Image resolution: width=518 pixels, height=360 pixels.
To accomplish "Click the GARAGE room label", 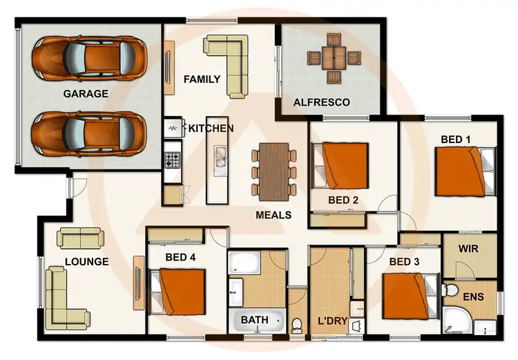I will pyautogui.click(x=86, y=94).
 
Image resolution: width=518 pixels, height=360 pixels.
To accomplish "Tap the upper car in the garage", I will pyautogui.click(x=88, y=57).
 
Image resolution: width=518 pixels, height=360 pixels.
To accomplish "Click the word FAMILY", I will pyautogui.click(x=202, y=79).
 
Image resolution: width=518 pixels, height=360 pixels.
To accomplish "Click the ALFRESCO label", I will pyautogui.click(x=321, y=102).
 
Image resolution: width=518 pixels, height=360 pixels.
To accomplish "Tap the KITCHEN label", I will pyautogui.click(x=211, y=129).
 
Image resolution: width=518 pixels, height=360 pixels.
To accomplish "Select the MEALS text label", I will pyautogui.click(x=273, y=215).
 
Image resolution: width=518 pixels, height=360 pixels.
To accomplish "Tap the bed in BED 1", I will pyautogui.click(x=461, y=172).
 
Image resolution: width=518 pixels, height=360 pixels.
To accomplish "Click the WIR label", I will pyautogui.click(x=468, y=247).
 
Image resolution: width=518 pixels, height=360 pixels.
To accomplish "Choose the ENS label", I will pyautogui.click(x=473, y=297).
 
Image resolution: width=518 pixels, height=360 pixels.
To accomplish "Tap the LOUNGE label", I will pyautogui.click(x=86, y=262).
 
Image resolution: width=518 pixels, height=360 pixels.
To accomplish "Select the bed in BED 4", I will pyautogui.click(x=180, y=291).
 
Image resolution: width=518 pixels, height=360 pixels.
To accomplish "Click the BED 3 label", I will pyautogui.click(x=405, y=262).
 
